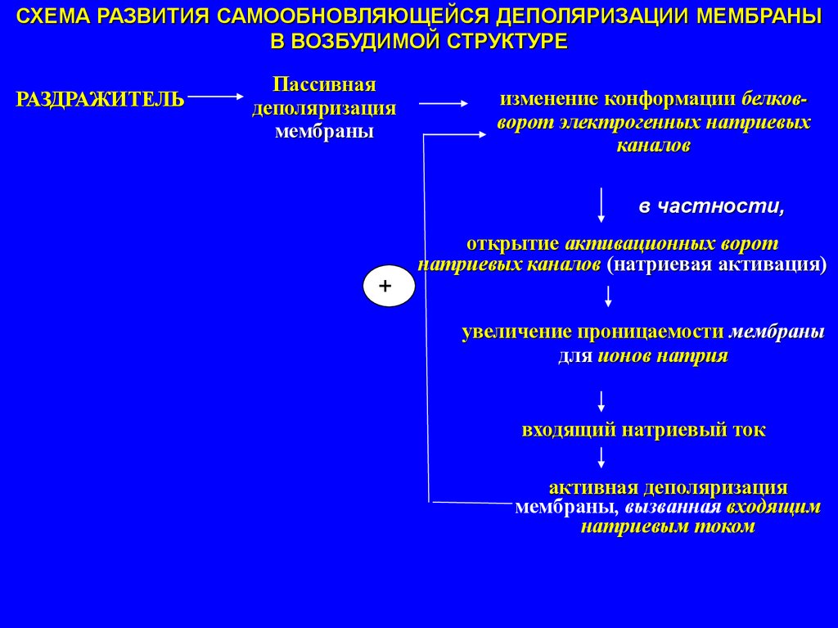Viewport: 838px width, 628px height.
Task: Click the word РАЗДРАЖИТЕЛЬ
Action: [x=101, y=100]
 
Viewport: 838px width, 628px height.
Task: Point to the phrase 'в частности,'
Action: [x=711, y=207]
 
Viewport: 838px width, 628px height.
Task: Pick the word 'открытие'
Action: [x=512, y=244]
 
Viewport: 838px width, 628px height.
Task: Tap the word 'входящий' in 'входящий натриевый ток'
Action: [x=567, y=431]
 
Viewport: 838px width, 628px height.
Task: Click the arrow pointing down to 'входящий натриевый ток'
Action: [x=601, y=401]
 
